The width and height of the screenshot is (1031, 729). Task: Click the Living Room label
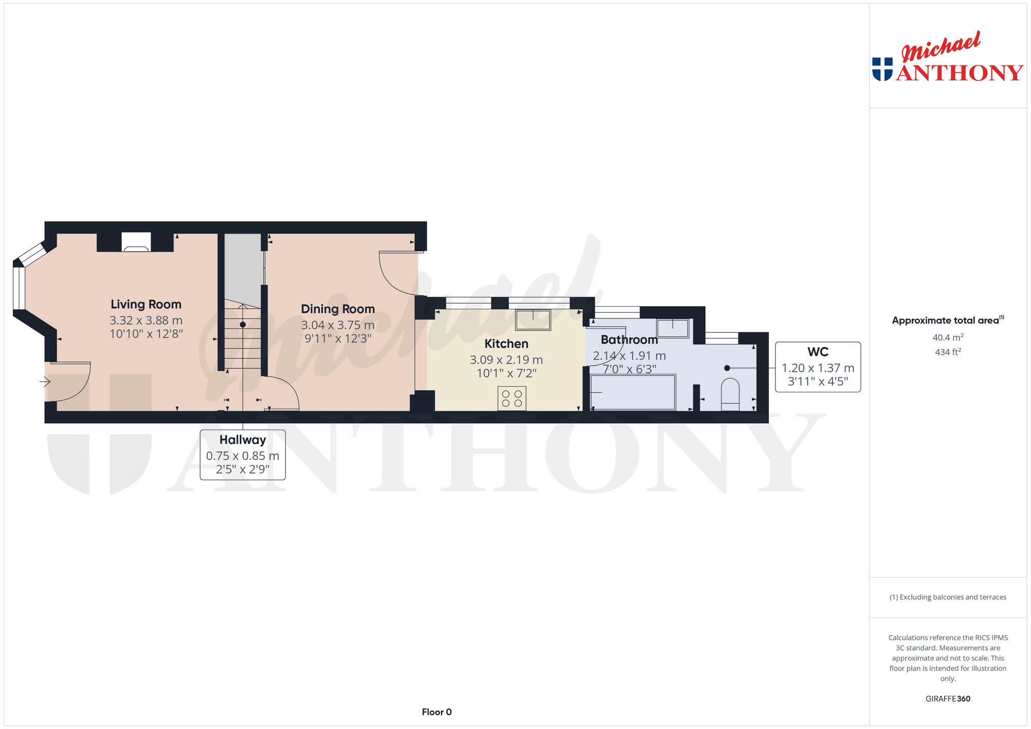[146, 304]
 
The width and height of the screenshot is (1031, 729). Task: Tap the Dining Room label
[338, 309]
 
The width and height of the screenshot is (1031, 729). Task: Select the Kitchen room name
[506, 343]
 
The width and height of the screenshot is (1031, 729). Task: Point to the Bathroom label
[629, 339]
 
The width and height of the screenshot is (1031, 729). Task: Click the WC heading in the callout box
[818, 352]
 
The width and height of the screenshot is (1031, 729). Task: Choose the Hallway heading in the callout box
[242, 440]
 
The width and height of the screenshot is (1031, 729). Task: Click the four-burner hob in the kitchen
[512, 398]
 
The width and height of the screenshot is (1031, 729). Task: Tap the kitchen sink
[533, 320]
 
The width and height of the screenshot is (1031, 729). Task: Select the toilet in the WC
[730, 394]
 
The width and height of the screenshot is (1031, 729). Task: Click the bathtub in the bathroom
[633, 392]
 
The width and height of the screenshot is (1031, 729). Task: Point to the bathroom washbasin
[673, 328]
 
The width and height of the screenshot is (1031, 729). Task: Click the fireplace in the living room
[136, 242]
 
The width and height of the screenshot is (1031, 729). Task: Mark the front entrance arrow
[45, 381]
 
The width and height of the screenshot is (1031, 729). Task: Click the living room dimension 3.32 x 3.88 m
[146, 320]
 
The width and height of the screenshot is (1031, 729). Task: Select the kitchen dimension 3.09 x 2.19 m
[506, 360]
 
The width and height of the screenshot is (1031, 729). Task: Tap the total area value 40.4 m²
[948, 337]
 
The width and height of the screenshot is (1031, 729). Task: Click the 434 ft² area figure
[948, 352]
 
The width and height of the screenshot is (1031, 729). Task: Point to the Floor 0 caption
[436, 712]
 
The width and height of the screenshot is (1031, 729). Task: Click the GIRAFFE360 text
[948, 698]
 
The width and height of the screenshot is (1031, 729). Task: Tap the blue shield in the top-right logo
[882, 69]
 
